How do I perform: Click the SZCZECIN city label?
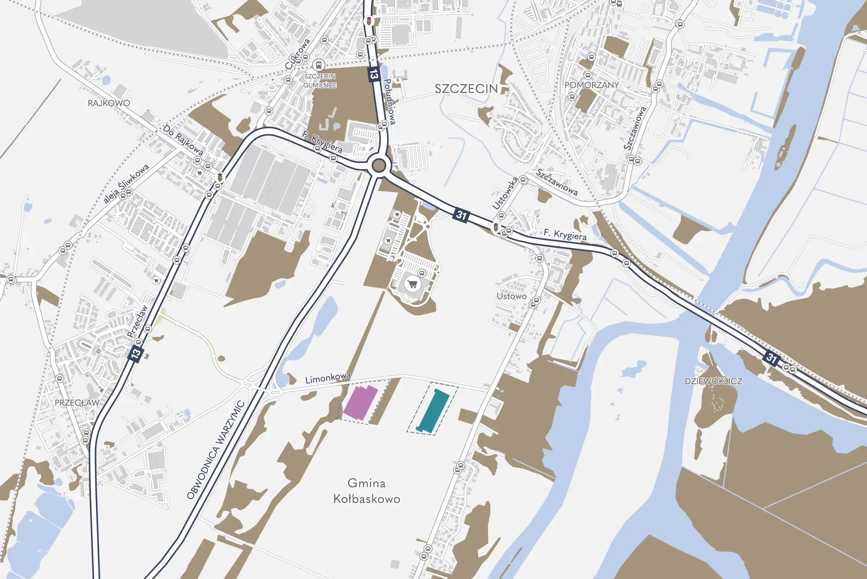[466, 89]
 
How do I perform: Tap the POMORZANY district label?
[591, 85]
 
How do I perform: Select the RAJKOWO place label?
[108, 103]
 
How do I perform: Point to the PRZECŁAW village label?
[77, 403]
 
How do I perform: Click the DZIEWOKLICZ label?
[713, 381]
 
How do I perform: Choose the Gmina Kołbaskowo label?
[366, 491]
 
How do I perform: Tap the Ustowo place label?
[512, 296]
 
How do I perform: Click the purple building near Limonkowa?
[360, 403]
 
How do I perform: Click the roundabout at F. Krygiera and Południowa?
[378, 165]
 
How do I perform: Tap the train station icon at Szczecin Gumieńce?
[319, 65]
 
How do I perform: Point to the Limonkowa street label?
[328, 378]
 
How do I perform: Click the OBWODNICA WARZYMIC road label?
[215, 450]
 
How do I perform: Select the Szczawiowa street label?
[557, 182]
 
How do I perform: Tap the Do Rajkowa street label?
[183, 140]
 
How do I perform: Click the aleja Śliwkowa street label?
[126, 183]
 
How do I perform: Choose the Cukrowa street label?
[298, 54]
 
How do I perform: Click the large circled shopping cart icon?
[412, 285]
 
